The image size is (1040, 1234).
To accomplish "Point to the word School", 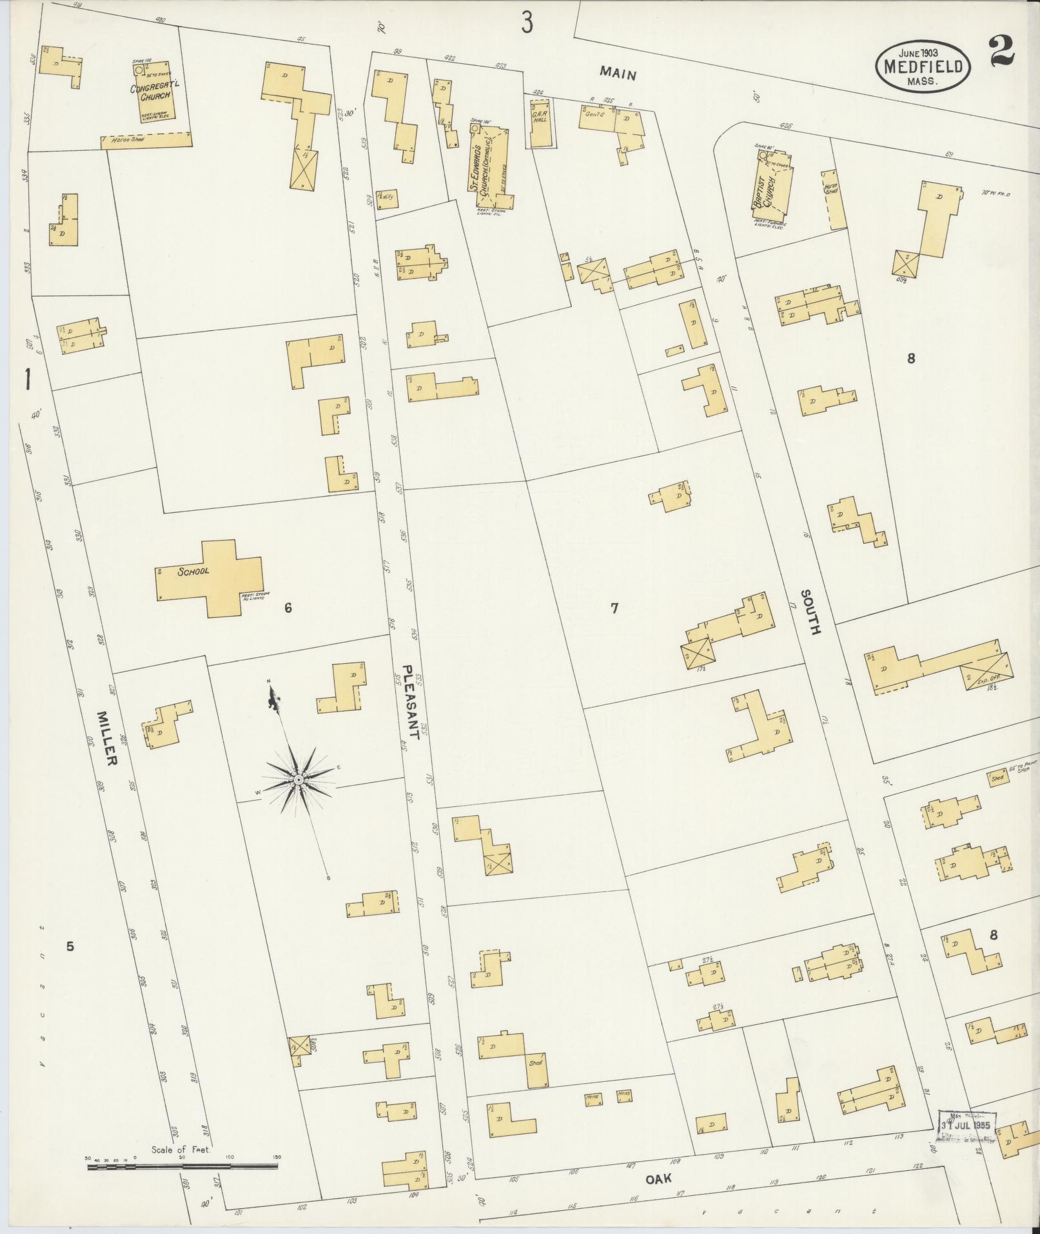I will click(x=193, y=572).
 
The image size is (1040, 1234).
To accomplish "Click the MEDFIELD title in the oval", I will click(x=923, y=66).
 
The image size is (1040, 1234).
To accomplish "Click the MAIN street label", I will click(x=618, y=74).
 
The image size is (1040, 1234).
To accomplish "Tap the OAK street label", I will click(x=658, y=1178).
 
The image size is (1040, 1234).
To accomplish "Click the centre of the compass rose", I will click(x=299, y=780).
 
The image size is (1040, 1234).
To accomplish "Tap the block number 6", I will click(x=288, y=607).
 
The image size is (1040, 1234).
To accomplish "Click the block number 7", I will click(x=614, y=607).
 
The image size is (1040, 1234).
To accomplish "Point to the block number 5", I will click(x=70, y=946).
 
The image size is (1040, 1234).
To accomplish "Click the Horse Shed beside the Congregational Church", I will click(x=147, y=140).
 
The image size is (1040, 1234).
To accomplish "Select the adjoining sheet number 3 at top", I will click(x=527, y=23).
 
